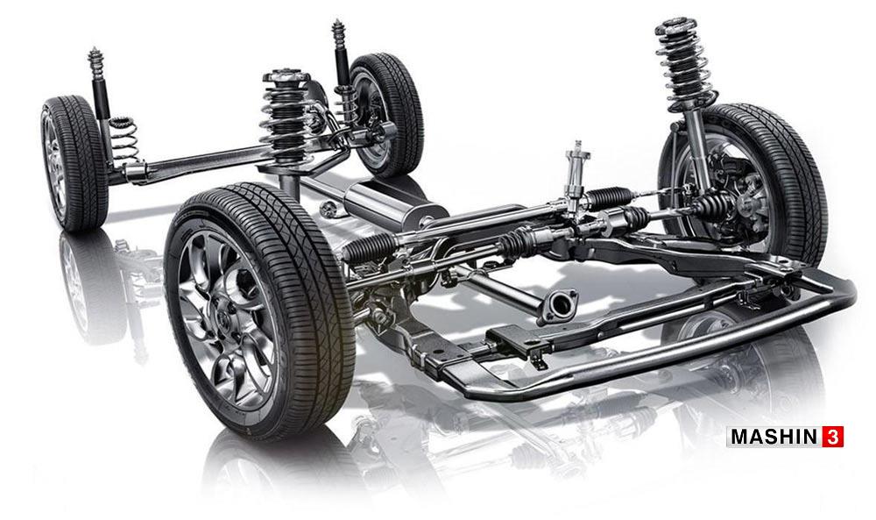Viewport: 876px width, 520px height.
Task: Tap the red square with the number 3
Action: pyautogui.click(x=832, y=437)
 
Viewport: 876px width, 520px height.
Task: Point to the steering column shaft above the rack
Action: pyautogui.click(x=576, y=173)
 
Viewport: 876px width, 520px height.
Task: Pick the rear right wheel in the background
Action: pyautogui.click(x=385, y=114)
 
